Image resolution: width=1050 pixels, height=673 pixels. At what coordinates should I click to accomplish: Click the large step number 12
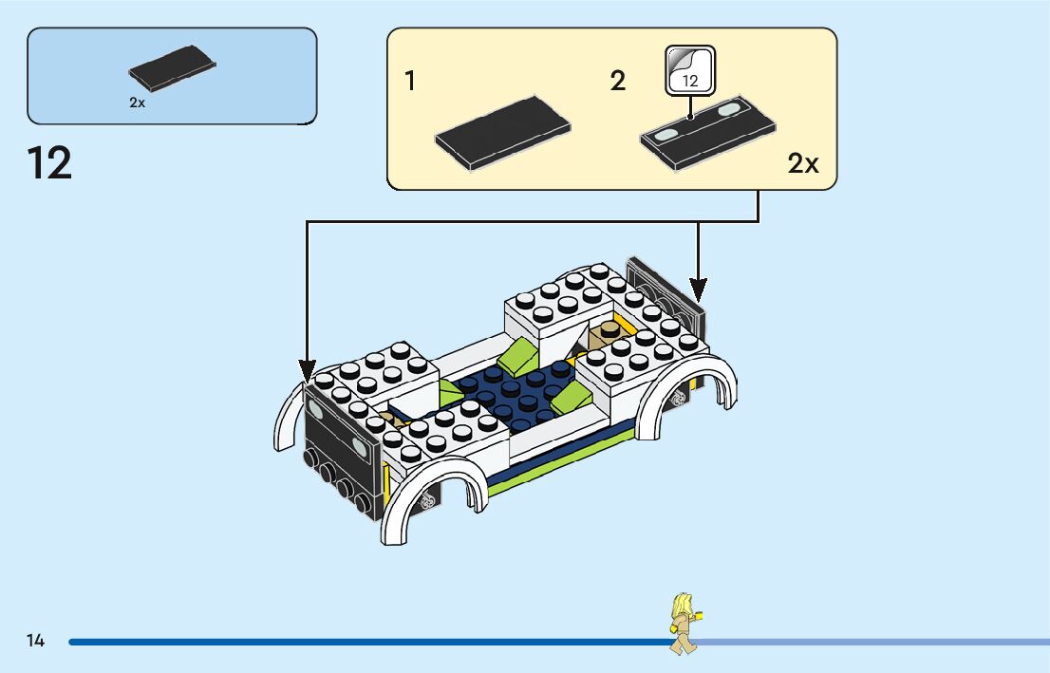tap(50, 163)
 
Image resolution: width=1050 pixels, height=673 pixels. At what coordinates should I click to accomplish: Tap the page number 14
tap(35, 641)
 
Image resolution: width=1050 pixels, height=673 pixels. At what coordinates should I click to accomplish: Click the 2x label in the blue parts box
tap(138, 103)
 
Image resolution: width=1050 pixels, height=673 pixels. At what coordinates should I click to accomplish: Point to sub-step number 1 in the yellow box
tap(410, 82)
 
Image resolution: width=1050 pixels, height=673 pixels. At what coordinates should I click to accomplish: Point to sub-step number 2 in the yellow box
tap(618, 82)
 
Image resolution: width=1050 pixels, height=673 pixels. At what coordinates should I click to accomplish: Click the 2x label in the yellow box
tap(802, 164)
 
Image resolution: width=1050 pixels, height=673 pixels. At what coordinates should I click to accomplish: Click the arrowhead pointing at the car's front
tap(307, 370)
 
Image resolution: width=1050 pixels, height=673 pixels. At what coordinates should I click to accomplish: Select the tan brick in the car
tap(605, 335)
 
